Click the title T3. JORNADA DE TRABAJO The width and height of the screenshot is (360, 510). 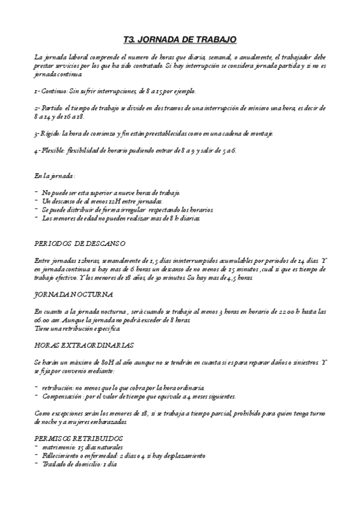click(x=180, y=40)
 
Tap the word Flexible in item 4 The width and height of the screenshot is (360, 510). click(x=53, y=150)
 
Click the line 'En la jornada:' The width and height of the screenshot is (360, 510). click(x=55, y=176)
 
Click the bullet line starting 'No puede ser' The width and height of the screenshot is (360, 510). click(x=111, y=192)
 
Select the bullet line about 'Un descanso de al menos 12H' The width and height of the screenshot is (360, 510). click(x=102, y=201)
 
